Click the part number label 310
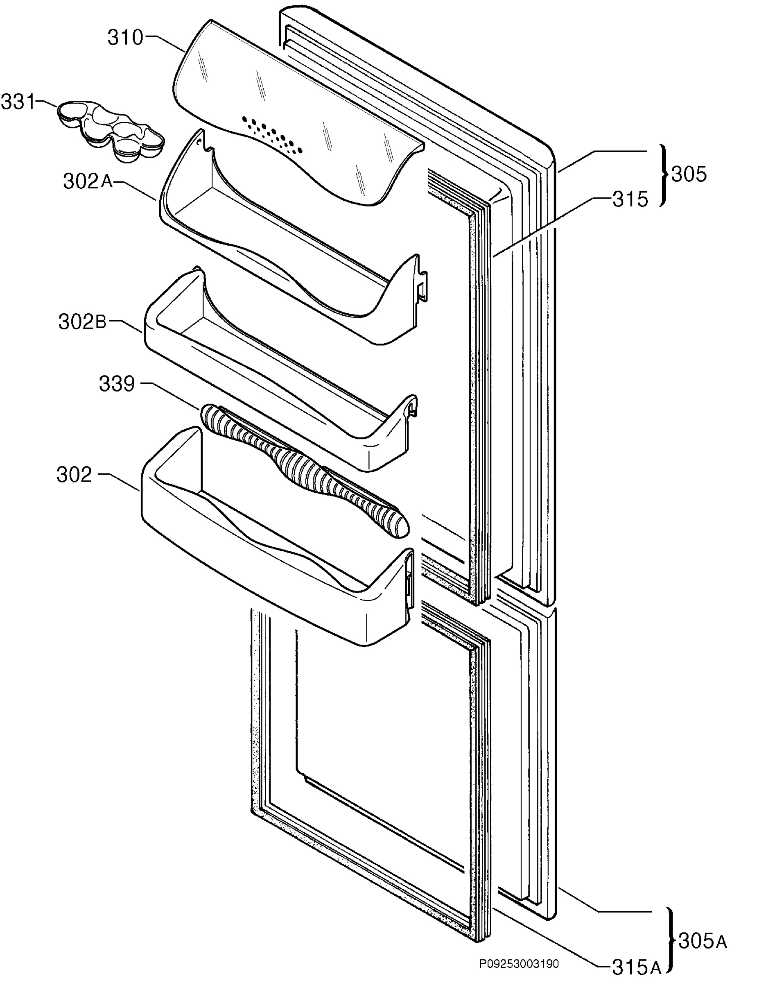point(125,38)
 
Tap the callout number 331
point(18,102)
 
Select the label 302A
point(88,181)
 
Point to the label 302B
point(83,322)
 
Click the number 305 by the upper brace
point(689,174)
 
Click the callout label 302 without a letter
point(74,475)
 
